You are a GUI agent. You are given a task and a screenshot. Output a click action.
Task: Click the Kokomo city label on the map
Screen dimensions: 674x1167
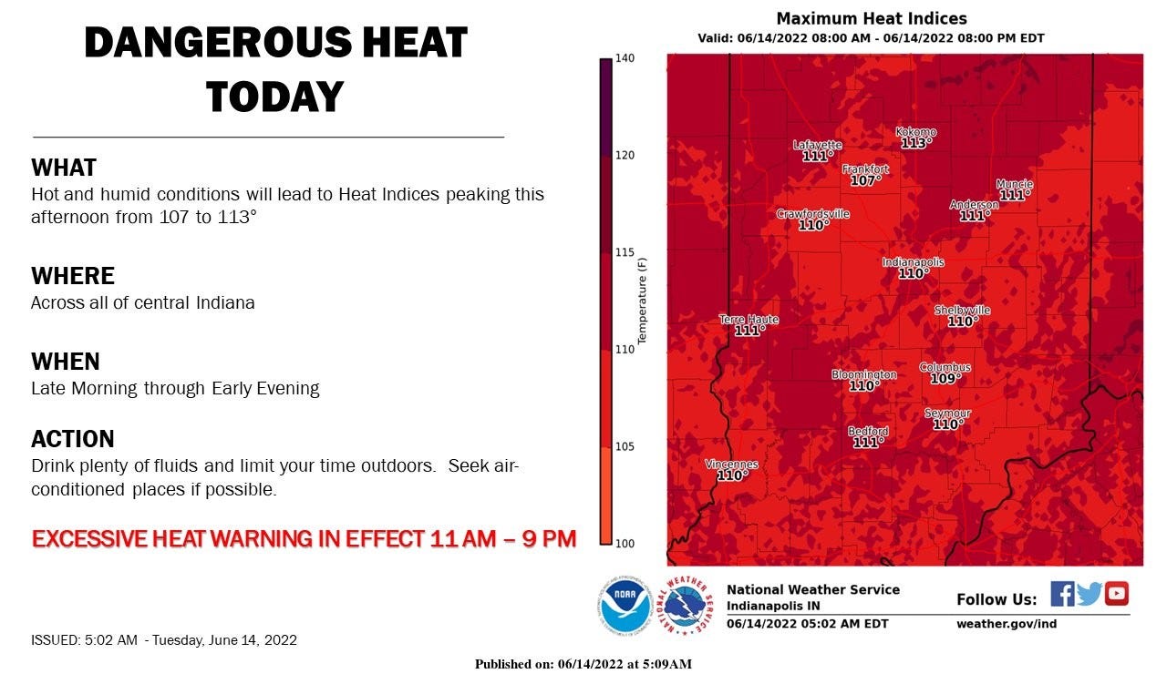[x=915, y=132]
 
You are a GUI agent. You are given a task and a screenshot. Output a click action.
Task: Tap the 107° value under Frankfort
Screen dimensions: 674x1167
[x=864, y=181]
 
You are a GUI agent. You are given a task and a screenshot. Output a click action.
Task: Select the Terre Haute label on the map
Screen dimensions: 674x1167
[x=749, y=320]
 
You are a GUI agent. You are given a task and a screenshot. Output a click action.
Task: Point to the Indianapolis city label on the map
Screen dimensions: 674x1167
[x=913, y=262]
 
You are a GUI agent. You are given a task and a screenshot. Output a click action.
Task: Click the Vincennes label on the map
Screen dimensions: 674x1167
[x=731, y=465]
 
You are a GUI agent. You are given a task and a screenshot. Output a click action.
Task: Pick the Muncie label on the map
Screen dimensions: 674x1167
[x=1014, y=183]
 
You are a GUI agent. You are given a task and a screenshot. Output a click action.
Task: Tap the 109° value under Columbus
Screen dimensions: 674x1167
[x=945, y=379]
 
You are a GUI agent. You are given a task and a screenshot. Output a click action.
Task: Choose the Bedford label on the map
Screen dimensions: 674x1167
[x=868, y=431]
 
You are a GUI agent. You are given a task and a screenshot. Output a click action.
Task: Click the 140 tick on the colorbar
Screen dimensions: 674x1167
[x=624, y=58]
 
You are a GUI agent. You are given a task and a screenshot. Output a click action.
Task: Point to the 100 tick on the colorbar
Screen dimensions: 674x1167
[x=624, y=544]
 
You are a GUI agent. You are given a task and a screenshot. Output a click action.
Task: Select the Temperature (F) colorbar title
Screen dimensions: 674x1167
[x=642, y=301]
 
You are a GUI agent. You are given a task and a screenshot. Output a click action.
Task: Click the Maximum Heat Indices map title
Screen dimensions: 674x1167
[x=872, y=19]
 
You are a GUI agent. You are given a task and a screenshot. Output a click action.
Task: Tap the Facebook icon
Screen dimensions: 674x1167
[x=1062, y=594]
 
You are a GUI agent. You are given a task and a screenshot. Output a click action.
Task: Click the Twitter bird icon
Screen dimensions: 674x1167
[x=1090, y=594]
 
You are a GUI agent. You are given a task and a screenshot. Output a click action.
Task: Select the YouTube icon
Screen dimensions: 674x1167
[x=1117, y=594]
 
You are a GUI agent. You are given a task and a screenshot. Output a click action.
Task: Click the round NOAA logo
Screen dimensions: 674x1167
[x=625, y=605]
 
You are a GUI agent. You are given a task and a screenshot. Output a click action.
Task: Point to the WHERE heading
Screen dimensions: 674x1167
[x=73, y=276]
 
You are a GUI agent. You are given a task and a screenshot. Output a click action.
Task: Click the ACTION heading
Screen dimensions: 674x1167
[x=73, y=439]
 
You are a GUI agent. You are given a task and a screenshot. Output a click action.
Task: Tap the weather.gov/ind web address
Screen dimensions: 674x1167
[x=1007, y=624]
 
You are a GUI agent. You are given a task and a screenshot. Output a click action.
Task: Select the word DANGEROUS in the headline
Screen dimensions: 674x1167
[x=209, y=43]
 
